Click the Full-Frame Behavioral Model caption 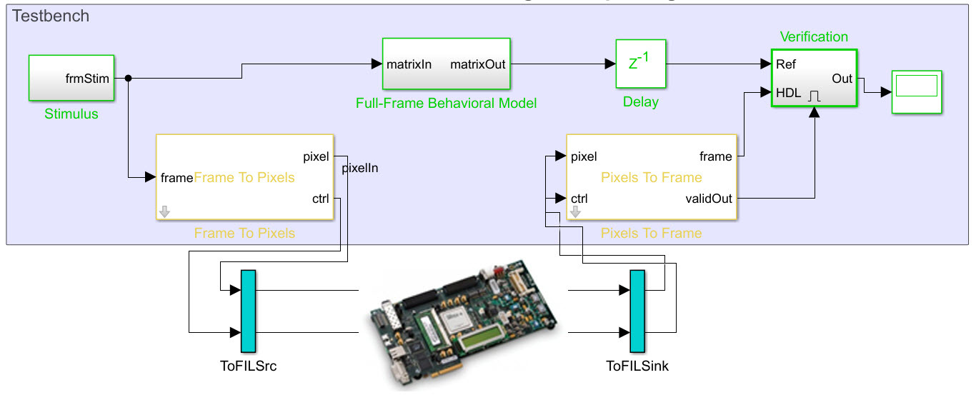[x=446, y=103]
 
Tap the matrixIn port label [x=409, y=64]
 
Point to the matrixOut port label [x=477, y=64]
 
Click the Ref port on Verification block [x=786, y=64]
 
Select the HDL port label [x=789, y=93]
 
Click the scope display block [x=916, y=91]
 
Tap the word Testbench [x=51, y=16]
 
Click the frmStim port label [x=88, y=79]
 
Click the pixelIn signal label [x=360, y=169]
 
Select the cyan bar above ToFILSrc [x=248, y=311]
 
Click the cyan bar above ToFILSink [x=637, y=311]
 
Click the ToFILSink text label [x=637, y=366]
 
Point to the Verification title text [x=814, y=37]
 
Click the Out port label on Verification [x=842, y=79]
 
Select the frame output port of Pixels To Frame [x=715, y=156]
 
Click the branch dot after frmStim [x=127, y=78]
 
